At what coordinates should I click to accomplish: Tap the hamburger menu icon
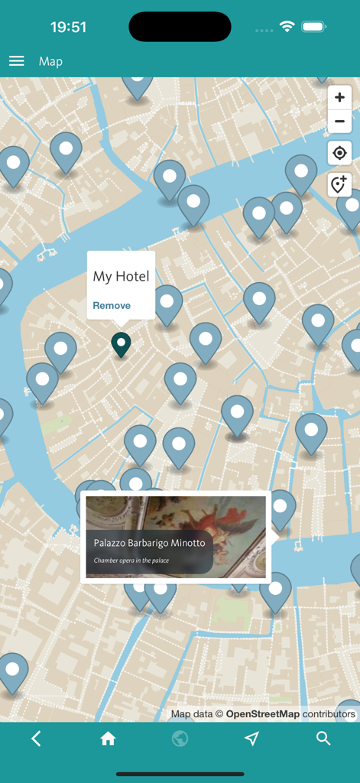(x=16, y=61)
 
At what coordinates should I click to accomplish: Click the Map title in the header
(x=50, y=61)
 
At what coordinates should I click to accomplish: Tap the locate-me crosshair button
(x=339, y=153)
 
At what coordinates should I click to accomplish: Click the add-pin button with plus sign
(x=339, y=184)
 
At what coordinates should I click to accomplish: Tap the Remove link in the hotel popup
(x=112, y=305)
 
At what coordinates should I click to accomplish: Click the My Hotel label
(x=121, y=276)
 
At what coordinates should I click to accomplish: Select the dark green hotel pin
(x=121, y=343)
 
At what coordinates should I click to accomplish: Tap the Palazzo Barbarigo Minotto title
(x=149, y=542)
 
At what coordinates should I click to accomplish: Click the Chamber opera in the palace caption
(x=131, y=560)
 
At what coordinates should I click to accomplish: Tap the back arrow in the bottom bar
(x=36, y=738)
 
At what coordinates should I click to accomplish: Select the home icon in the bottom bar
(x=108, y=738)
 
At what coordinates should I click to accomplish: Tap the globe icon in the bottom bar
(x=180, y=738)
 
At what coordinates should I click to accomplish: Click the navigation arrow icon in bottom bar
(x=251, y=738)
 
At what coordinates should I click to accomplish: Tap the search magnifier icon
(x=323, y=738)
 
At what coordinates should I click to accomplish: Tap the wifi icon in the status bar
(x=287, y=27)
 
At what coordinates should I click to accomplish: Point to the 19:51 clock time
(x=68, y=27)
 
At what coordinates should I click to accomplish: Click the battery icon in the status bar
(x=314, y=27)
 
